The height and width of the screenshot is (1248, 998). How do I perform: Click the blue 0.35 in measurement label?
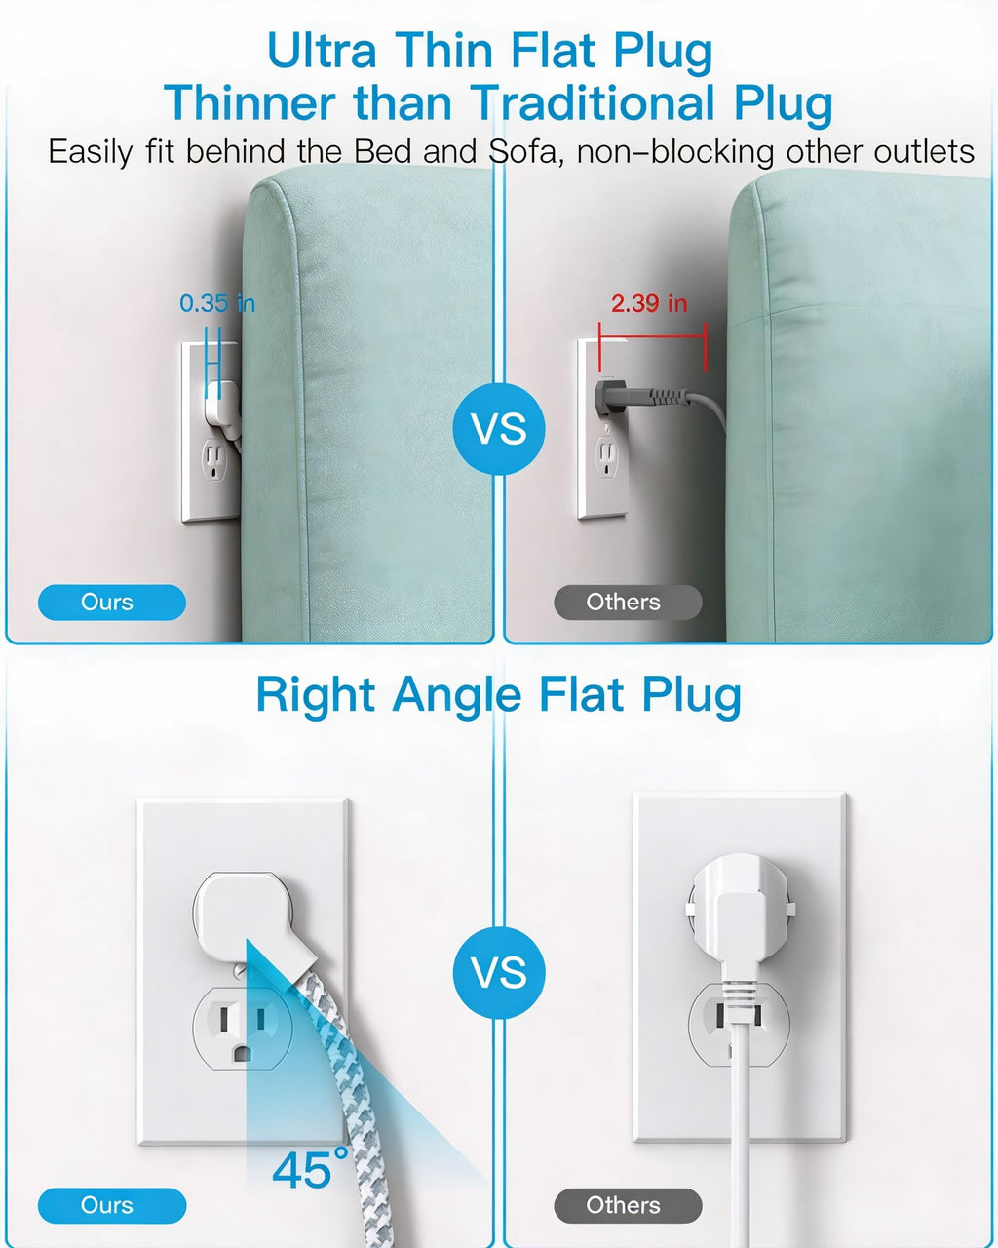click(217, 303)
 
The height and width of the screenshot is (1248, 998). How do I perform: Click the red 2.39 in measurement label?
click(649, 303)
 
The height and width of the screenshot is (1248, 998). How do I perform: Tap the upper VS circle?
click(499, 429)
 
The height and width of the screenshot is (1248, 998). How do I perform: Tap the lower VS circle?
click(499, 972)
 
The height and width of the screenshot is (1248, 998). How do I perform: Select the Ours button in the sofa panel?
click(112, 602)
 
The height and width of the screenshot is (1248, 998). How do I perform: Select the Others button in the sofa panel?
click(628, 602)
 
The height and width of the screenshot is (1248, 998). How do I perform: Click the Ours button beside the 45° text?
click(112, 1205)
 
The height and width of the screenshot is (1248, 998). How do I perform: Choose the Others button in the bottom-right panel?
click(628, 1205)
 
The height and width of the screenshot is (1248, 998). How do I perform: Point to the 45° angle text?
click(310, 1168)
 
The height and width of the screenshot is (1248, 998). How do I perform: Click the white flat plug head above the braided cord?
click(249, 916)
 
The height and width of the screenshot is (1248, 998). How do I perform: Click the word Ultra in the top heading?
click(322, 51)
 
